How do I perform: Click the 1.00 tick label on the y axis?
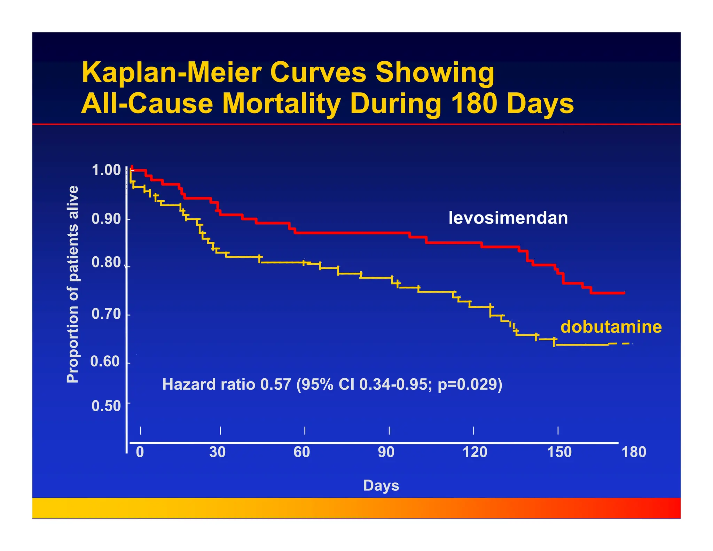click(x=106, y=170)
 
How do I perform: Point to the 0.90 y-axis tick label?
click(x=106, y=219)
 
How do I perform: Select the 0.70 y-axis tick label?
click(x=106, y=314)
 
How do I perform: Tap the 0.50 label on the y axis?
click(x=106, y=406)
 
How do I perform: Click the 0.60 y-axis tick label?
click(x=105, y=362)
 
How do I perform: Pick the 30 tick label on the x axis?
click(x=218, y=452)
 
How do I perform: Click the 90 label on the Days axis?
click(x=386, y=452)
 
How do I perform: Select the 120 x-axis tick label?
click(x=475, y=452)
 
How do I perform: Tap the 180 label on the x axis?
click(x=634, y=452)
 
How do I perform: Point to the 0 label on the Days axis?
click(x=140, y=452)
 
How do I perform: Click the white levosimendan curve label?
click(x=508, y=218)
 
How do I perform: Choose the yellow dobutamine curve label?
click(x=611, y=327)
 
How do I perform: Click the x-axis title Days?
click(x=381, y=486)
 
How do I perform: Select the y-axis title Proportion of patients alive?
click(x=72, y=284)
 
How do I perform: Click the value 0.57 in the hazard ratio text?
click(x=275, y=385)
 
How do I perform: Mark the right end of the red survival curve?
click(x=625, y=293)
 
